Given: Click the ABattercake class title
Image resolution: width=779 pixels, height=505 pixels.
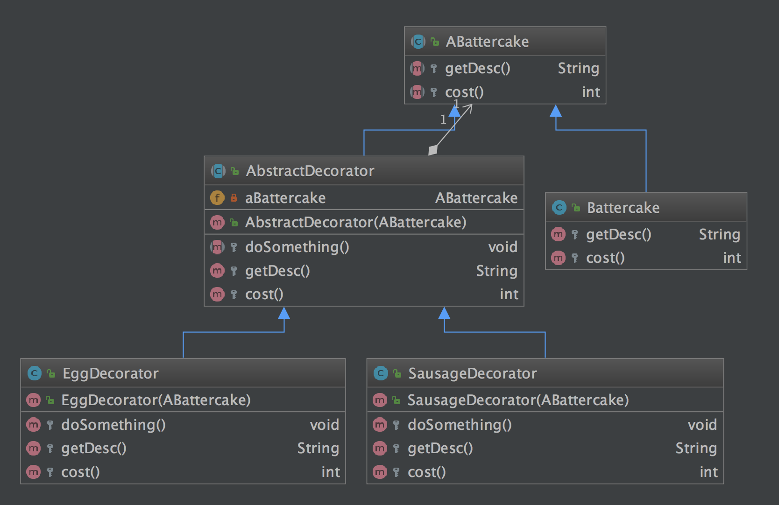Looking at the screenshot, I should tap(487, 42).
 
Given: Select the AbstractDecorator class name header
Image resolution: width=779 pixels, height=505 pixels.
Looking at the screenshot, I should tap(310, 171).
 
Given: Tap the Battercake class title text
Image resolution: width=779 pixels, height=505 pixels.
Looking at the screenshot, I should tap(623, 208).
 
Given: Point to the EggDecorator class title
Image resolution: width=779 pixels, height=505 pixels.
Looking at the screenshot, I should tap(110, 373).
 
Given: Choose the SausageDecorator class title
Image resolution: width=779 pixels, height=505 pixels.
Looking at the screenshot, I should tap(472, 373).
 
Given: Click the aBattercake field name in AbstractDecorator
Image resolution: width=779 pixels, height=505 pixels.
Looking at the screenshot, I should tap(285, 198).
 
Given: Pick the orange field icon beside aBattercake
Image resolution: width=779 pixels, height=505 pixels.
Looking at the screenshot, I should tap(217, 198).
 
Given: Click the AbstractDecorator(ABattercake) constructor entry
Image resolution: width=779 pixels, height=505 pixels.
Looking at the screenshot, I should tap(355, 222).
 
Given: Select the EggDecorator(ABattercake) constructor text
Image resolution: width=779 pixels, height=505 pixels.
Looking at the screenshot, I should tap(156, 400).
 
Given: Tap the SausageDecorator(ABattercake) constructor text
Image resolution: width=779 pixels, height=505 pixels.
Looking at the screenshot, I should tap(518, 400).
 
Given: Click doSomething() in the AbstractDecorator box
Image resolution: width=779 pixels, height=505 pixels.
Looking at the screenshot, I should tap(297, 247).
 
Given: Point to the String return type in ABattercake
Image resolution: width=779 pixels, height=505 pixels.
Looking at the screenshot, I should tap(578, 69).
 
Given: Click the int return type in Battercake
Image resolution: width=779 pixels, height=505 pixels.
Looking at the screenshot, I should tap(732, 258).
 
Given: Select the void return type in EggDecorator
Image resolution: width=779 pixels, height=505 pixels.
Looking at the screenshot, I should tap(324, 425).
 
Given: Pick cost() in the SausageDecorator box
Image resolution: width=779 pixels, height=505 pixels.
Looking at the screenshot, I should tap(426, 472).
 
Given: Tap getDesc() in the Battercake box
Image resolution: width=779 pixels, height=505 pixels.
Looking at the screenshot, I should tap(618, 234).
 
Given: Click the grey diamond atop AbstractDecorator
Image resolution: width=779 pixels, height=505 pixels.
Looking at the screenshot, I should tap(433, 150).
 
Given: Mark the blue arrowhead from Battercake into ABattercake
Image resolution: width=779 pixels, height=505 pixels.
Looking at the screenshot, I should tap(556, 111).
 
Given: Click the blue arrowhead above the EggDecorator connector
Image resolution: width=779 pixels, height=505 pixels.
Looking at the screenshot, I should tap(284, 313).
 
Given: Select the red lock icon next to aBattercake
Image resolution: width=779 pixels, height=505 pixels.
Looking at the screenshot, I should tap(234, 198).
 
